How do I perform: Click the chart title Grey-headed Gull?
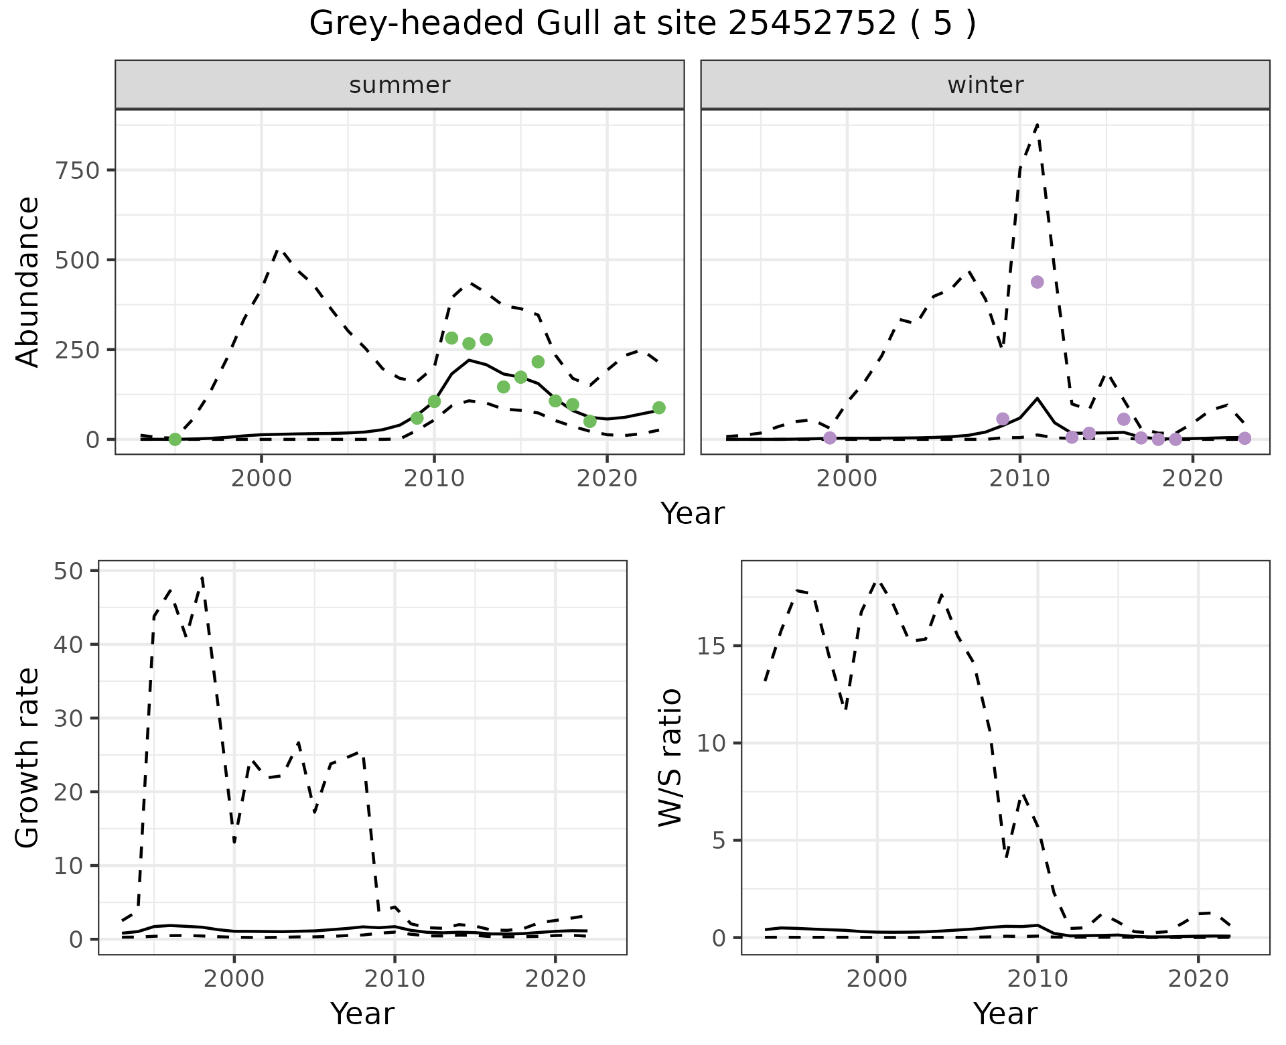coord(642,25)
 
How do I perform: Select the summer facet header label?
coord(400,85)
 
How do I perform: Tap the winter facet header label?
coord(985,85)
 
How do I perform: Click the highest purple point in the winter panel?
coord(1037,282)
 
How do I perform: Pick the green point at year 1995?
coord(175,439)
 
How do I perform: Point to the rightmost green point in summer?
coord(659,408)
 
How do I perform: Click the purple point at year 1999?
coord(830,438)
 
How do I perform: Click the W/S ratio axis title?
coord(670,758)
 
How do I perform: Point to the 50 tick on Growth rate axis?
coord(65,571)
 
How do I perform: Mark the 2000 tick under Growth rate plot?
coord(234,979)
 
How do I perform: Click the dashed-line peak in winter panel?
coord(1037,124)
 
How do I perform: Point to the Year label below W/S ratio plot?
coord(1005,1014)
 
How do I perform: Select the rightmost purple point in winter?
coord(1244,438)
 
